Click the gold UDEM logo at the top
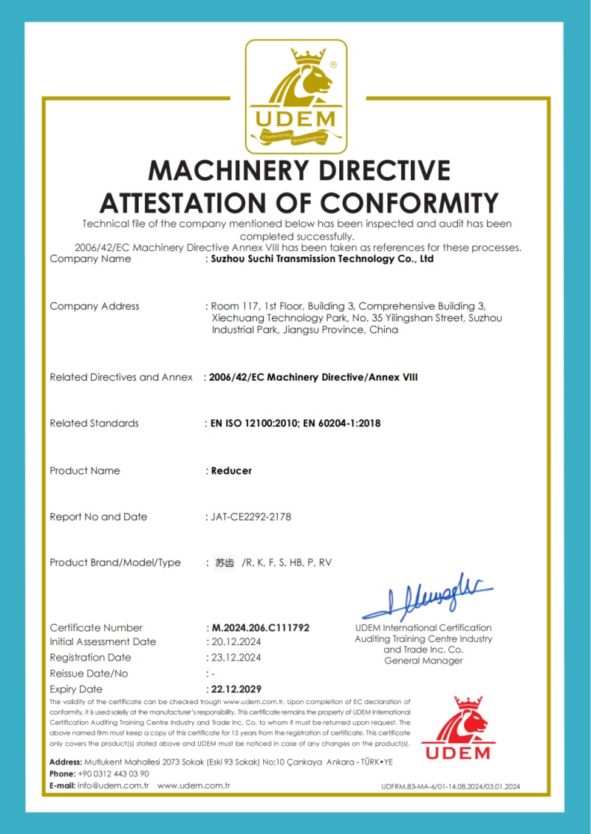click(296, 95)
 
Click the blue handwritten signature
click(428, 597)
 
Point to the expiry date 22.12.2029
click(236, 689)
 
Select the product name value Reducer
click(231, 470)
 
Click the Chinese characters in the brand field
click(225, 562)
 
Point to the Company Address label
click(95, 306)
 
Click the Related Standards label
click(94, 423)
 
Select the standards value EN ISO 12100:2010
click(254, 423)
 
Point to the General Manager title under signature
click(423, 661)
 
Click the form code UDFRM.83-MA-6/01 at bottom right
click(414, 787)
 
